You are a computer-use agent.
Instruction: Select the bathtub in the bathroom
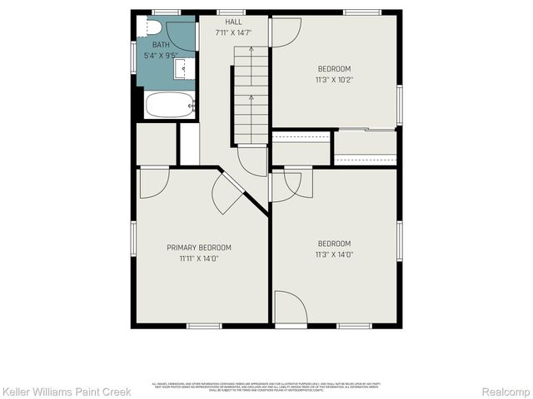(x=170, y=106)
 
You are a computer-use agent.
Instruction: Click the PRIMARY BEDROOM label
(x=199, y=248)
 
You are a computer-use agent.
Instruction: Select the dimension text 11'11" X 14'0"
(x=199, y=259)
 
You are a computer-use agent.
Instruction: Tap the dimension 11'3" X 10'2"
(x=334, y=80)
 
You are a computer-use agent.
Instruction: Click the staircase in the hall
(x=251, y=95)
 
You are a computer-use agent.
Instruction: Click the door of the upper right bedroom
(x=285, y=32)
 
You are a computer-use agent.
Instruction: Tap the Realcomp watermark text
(x=506, y=391)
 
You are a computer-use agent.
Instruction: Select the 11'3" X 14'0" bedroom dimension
(x=335, y=254)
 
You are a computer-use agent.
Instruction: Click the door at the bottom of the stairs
(x=252, y=160)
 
